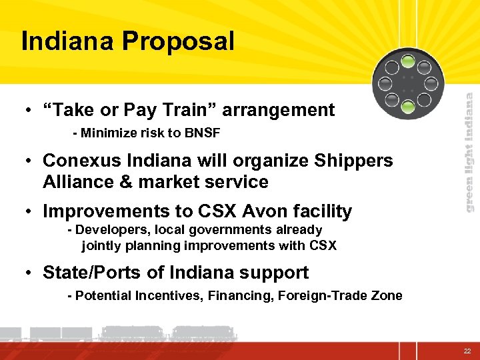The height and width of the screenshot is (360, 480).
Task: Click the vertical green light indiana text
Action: point(469,152)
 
